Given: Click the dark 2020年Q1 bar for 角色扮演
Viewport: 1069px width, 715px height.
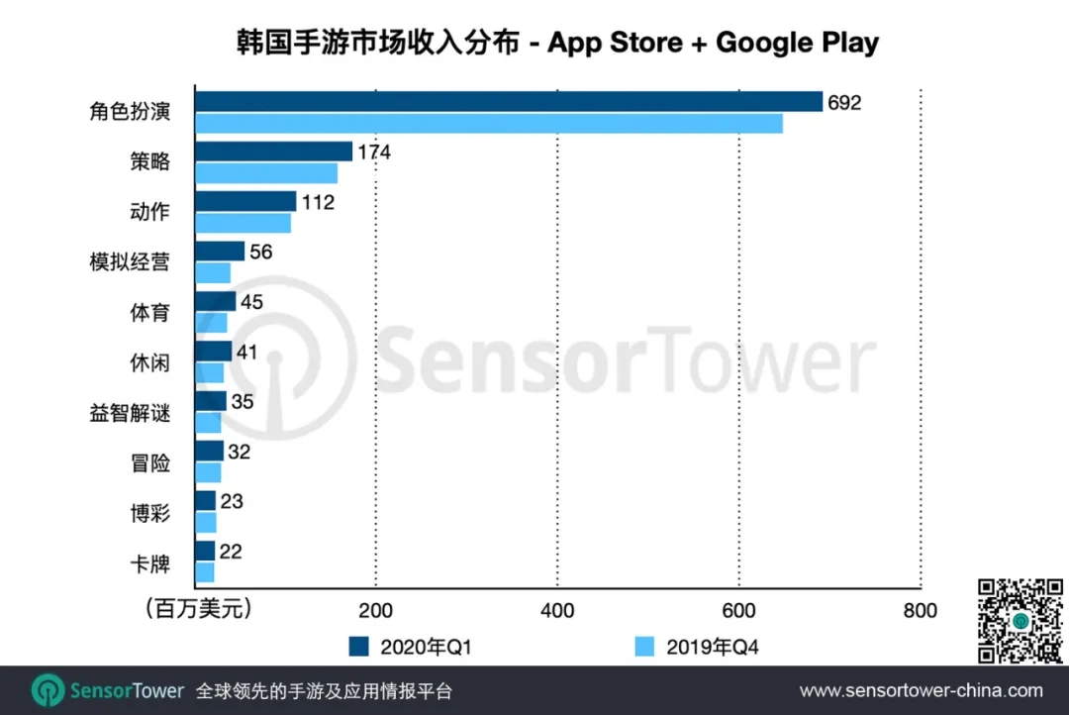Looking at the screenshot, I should pyautogui.click(x=509, y=102).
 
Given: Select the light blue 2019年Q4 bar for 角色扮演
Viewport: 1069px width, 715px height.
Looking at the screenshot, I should pyautogui.click(x=489, y=124).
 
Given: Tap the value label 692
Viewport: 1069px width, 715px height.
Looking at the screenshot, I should pyautogui.click(x=844, y=102).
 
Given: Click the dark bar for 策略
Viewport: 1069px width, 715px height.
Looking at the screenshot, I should pyautogui.click(x=274, y=152).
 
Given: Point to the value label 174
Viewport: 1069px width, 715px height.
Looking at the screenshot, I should pyautogui.click(x=374, y=153).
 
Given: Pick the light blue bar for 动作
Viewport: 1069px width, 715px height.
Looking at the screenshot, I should pyautogui.click(x=243, y=223).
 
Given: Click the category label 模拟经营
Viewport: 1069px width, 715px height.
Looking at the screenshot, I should pyautogui.click(x=130, y=262).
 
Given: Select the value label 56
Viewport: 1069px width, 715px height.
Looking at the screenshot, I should pyautogui.click(x=260, y=253).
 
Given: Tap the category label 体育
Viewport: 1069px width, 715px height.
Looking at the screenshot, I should pyautogui.click(x=149, y=313).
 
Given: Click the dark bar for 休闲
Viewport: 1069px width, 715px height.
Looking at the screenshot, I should pyautogui.click(x=214, y=352).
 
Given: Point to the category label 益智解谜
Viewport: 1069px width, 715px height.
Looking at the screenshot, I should pyautogui.click(x=130, y=413).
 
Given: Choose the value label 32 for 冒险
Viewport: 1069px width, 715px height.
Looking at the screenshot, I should pyautogui.click(x=239, y=453).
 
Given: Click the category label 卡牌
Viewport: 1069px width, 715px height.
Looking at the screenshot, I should pyautogui.click(x=149, y=564).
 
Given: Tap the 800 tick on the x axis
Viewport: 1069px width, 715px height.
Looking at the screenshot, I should pyautogui.click(x=921, y=610).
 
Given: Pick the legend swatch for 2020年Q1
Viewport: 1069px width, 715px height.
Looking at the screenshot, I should pyautogui.click(x=358, y=647).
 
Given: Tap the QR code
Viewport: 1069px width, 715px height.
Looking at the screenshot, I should pyautogui.click(x=1020, y=621).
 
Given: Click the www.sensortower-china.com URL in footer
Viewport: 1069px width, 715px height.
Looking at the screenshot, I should pyautogui.click(x=921, y=690).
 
